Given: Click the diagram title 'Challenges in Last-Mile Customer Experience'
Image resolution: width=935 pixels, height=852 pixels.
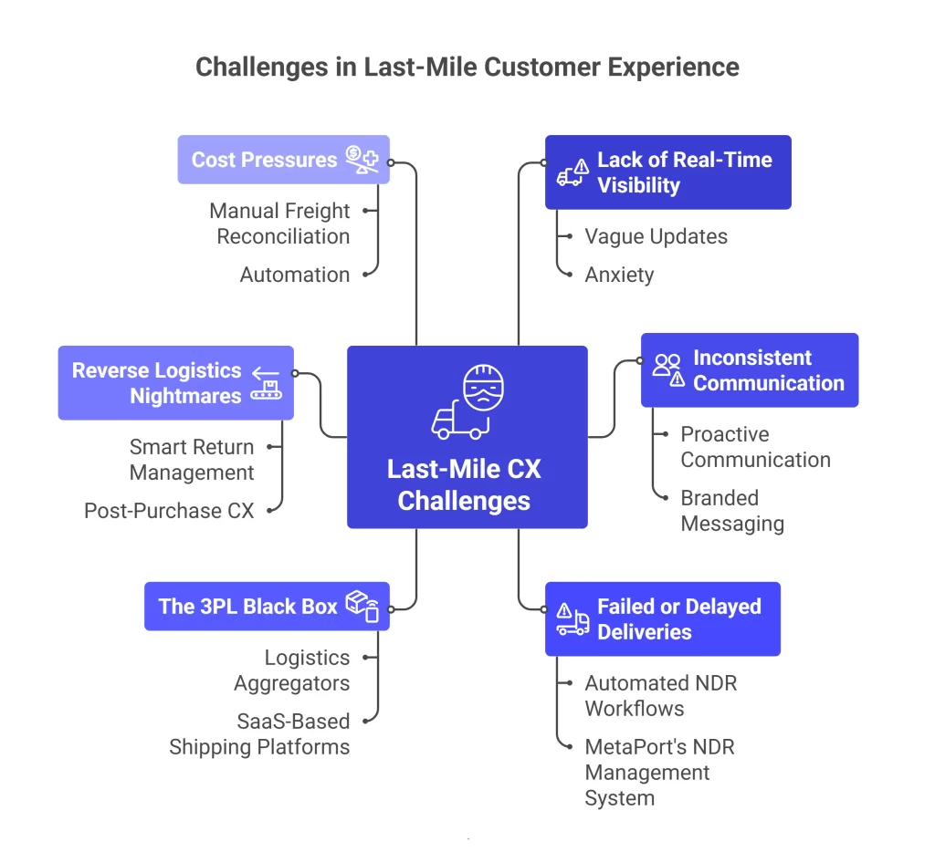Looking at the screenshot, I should click(467, 68).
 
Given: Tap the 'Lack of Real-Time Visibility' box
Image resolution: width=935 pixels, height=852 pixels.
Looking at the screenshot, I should click(667, 172).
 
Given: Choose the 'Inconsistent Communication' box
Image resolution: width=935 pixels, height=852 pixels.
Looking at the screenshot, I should click(749, 370).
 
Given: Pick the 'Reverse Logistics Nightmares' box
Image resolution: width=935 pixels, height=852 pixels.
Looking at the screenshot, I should click(175, 383).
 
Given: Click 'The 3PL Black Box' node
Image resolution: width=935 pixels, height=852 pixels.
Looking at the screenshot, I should click(267, 607).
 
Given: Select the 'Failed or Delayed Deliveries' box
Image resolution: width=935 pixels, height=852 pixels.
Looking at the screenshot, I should click(662, 619).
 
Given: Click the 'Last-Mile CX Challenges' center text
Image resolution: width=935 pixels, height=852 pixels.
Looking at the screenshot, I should click(465, 485).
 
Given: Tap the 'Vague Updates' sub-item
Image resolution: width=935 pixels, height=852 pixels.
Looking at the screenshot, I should click(656, 236).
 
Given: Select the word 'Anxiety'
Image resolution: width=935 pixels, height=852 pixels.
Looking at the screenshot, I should click(619, 275).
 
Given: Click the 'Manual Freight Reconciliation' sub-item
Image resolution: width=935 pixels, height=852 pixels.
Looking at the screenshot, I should click(279, 223).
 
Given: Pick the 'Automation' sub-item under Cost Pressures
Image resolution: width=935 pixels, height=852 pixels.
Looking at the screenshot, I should click(294, 275).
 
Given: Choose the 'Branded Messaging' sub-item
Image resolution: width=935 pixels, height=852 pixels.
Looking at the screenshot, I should click(731, 511).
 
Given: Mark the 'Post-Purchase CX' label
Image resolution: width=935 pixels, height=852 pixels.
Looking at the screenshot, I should click(169, 511).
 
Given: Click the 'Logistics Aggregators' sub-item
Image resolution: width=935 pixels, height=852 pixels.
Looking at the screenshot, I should click(292, 670).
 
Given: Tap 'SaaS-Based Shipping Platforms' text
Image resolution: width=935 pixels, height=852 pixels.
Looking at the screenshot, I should click(259, 734).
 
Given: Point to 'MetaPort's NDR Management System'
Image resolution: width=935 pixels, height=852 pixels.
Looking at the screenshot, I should click(659, 773).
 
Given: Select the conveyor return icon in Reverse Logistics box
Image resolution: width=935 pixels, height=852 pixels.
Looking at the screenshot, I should click(268, 383).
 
